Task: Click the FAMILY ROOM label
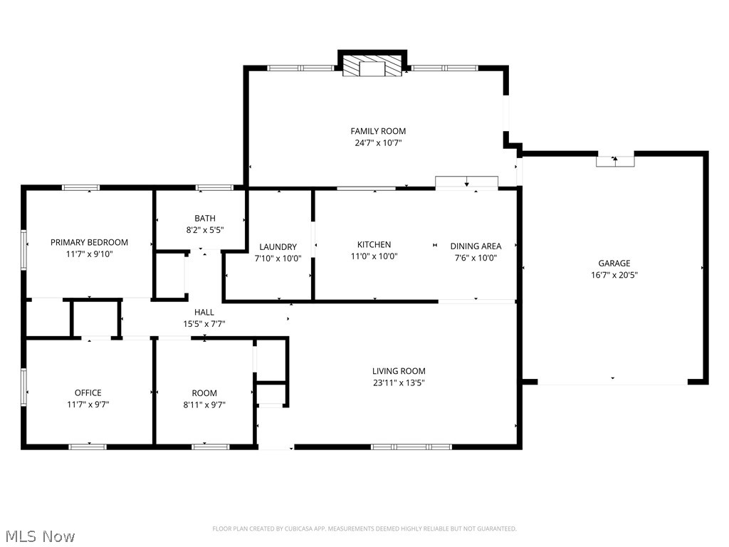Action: coord(378,131)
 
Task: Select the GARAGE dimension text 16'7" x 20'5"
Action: coord(614,275)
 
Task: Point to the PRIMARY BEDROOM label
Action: coord(89,242)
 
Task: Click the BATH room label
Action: coord(204,218)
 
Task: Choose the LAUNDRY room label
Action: coord(278,247)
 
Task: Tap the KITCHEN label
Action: coord(374,245)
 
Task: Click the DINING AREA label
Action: coord(476,246)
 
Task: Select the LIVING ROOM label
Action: coord(399,371)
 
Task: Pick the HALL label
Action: coord(204,312)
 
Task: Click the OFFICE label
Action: coord(88,392)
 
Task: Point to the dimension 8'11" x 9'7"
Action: coord(204,405)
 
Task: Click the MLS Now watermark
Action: coord(40,536)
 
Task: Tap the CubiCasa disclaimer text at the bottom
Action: coord(364,528)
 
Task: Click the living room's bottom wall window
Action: coord(411,447)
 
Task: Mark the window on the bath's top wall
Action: coord(214,187)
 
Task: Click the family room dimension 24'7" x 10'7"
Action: coord(378,143)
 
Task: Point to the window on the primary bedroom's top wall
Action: coord(80,187)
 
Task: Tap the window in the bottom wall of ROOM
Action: coord(210,447)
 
